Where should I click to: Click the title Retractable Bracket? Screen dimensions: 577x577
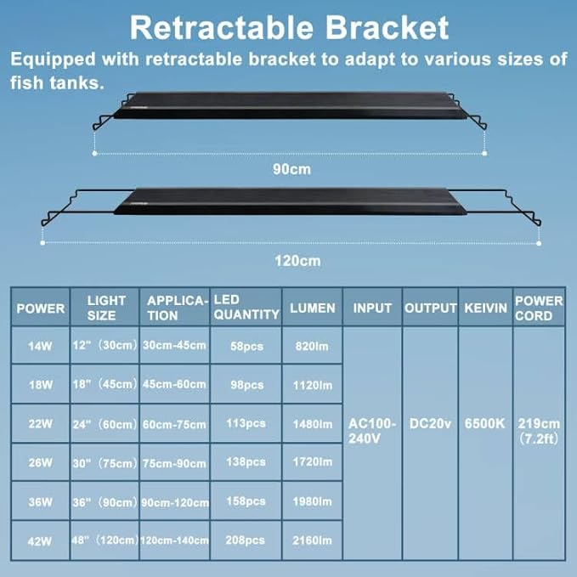pyautogui.click(x=289, y=27)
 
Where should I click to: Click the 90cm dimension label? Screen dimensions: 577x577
pyautogui.click(x=291, y=168)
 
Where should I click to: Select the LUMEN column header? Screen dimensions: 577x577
pyautogui.click(x=312, y=308)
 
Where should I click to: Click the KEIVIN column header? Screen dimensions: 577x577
pyautogui.click(x=485, y=308)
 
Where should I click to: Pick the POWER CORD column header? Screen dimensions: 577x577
pyautogui.click(x=539, y=308)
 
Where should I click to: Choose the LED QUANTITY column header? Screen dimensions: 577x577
pyautogui.click(x=246, y=308)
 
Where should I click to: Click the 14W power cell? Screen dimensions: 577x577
pyautogui.click(x=40, y=346)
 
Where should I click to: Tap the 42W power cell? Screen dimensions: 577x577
pyautogui.click(x=40, y=540)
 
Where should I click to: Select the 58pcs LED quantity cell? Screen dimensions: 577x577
pyautogui.click(x=246, y=346)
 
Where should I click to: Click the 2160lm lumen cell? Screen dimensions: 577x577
pyautogui.click(x=312, y=540)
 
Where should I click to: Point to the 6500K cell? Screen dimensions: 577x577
pyautogui.click(x=485, y=423)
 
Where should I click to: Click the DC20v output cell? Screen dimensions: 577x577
pyautogui.click(x=430, y=423)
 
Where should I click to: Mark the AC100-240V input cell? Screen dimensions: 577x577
pyautogui.click(x=372, y=430)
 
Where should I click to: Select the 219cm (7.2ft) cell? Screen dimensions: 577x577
pyautogui.click(x=539, y=431)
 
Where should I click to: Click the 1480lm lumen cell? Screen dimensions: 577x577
pyautogui.click(x=312, y=423)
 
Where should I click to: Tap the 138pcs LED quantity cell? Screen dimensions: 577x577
pyautogui.click(x=246, y=463)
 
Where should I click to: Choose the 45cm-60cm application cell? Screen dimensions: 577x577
pyautogui.click(x=174, y=384)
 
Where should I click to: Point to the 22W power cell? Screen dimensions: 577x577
pyautogui.click(x=40, y=423)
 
